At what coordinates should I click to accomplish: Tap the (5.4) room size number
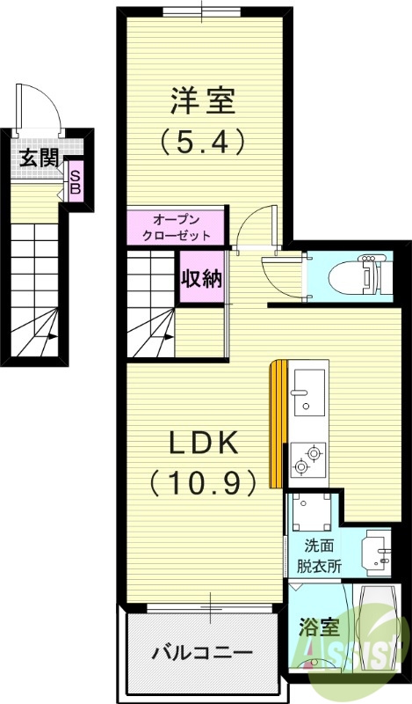pos(202,141)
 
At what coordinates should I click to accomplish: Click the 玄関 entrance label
pos(39,158)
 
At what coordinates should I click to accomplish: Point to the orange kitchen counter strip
pos(278,422)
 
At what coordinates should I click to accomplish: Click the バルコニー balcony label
pos(202,653)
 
